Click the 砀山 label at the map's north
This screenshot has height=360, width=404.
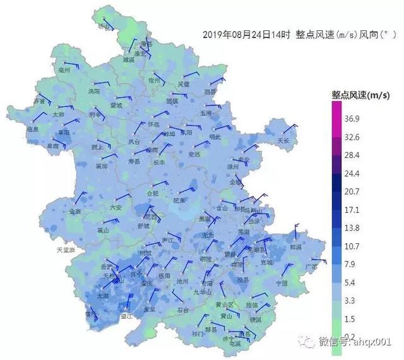104,27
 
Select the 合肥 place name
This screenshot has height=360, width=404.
153,193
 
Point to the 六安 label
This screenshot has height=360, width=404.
115,207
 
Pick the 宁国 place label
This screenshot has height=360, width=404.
282,284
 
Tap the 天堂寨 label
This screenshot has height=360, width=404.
66,250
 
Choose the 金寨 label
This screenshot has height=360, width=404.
75,212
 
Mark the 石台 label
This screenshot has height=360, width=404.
183,310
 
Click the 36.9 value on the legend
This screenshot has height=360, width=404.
352,119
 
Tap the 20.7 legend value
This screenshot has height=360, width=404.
352,191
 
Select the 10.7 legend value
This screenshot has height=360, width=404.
352,245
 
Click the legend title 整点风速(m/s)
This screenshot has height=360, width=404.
360,95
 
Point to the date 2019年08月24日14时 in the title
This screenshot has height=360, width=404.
248,35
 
